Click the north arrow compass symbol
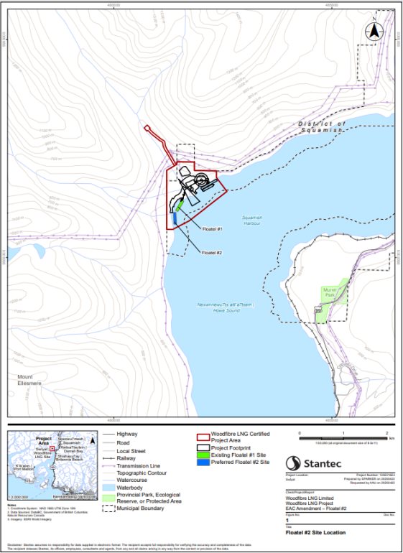[374, 32]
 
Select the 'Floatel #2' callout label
[212, 252]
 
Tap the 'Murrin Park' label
[328, 292]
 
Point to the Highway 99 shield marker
[317, 310]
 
